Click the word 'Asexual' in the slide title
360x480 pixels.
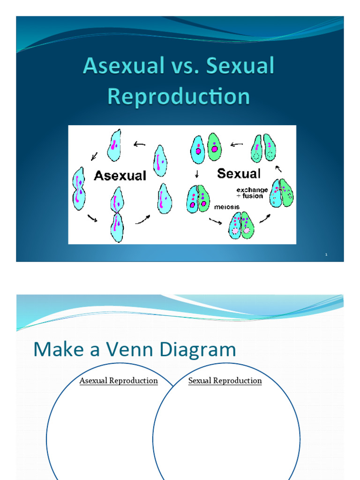coord(122,67)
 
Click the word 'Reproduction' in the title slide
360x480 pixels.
coord(179,97)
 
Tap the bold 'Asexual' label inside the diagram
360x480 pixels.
coord(120,176)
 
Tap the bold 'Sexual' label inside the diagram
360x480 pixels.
coord(239,174)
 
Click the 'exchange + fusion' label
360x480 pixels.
coord(252,193)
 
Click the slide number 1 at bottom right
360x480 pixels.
coord(326,255)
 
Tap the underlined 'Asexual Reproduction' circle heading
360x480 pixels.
coord(119,381)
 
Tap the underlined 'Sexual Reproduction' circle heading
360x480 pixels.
coord(225,381)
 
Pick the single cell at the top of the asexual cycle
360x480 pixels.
coord(114,145)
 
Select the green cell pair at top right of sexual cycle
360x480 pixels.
coord(264,148)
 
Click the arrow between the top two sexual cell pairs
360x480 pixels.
coord(237,145)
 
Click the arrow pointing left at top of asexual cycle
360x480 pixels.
coord(139,144)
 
